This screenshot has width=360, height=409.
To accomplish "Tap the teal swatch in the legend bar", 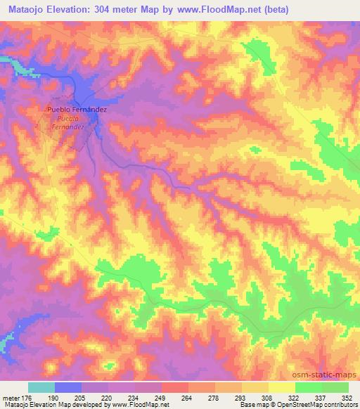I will tap(41, 388).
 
